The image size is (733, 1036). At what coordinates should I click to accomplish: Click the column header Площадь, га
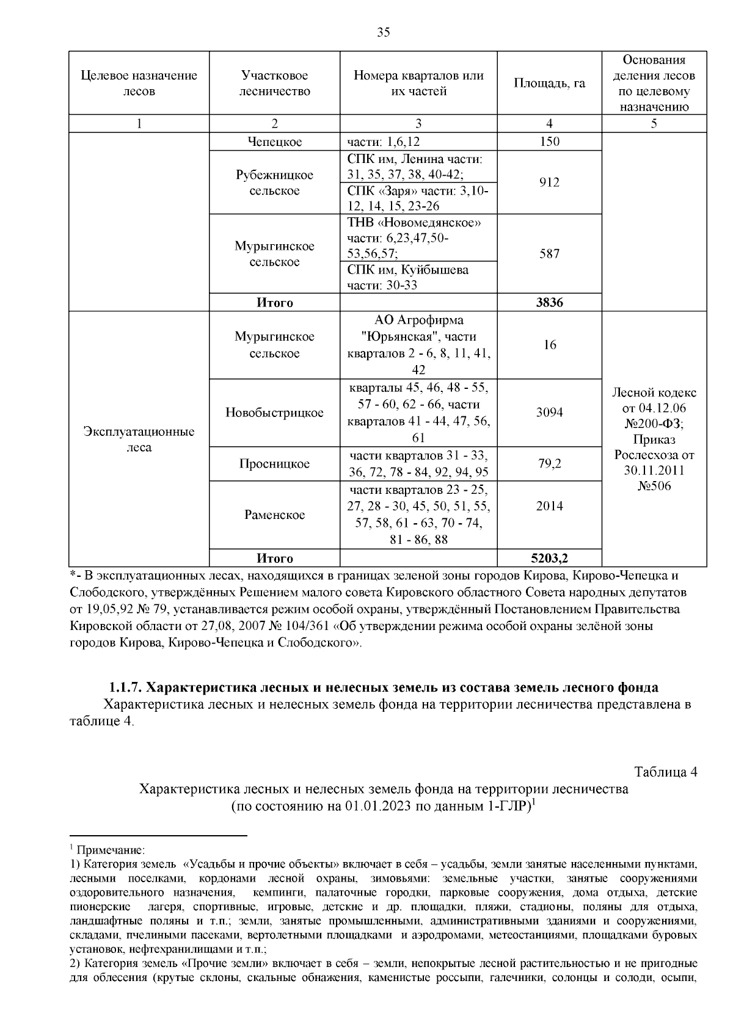point(549,83)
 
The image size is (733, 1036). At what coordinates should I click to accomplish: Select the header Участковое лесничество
point(274,83)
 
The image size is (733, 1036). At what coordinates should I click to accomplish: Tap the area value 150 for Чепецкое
point(549,142)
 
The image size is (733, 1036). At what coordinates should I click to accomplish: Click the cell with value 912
point(549,183)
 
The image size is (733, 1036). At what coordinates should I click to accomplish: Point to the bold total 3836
point(549,303)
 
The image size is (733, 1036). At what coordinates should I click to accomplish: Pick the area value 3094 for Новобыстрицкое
point(549,413)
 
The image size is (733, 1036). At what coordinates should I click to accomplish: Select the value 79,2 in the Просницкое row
point(549,464)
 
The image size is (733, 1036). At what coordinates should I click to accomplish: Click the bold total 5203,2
point(549,559)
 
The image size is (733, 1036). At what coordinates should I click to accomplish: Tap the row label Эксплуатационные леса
point(139,440)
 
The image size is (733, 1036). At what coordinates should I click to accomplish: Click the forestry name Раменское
point(274,515)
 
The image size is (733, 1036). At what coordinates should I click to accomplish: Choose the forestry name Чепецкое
point(274,142)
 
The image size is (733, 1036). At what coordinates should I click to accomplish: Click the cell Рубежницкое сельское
point(274,183)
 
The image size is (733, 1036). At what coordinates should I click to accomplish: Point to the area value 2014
point(549,506)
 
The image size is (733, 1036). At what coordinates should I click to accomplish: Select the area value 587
point(549,254)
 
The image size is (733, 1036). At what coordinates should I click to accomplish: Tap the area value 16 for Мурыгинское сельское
point(549,345)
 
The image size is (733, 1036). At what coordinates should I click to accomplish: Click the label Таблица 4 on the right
point(665,772)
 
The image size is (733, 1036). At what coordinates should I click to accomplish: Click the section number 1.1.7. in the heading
point(126,687)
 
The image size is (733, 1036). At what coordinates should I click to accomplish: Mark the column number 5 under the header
point(654,124)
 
